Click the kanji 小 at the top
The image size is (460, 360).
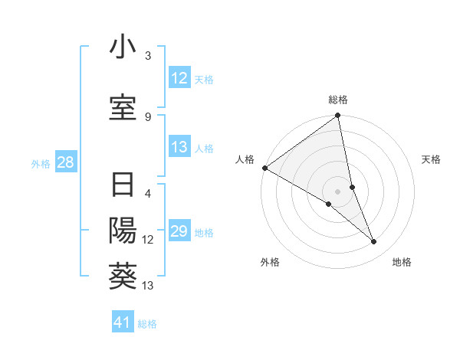(123, 47)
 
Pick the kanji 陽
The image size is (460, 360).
(123, 231)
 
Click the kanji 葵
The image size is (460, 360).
(123, 274)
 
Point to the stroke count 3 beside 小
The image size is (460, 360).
(148, 56)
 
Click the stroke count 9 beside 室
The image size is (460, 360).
(148, 116)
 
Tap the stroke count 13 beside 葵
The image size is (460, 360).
(148, 286)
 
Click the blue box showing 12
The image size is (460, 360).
(179, 78)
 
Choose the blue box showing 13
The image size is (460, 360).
(179, 147)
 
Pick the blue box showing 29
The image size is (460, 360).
(179, 232)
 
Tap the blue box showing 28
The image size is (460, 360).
(65, 162)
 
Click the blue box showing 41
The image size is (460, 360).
(123, 322)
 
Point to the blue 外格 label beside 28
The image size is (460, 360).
(41, 163)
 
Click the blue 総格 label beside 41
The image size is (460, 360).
(147, 323)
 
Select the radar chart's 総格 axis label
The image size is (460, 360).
(338, 100)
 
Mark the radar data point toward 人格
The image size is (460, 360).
(264, 168)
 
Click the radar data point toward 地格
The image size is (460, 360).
(374, 242)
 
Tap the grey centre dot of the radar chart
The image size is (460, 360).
(338, 191)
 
